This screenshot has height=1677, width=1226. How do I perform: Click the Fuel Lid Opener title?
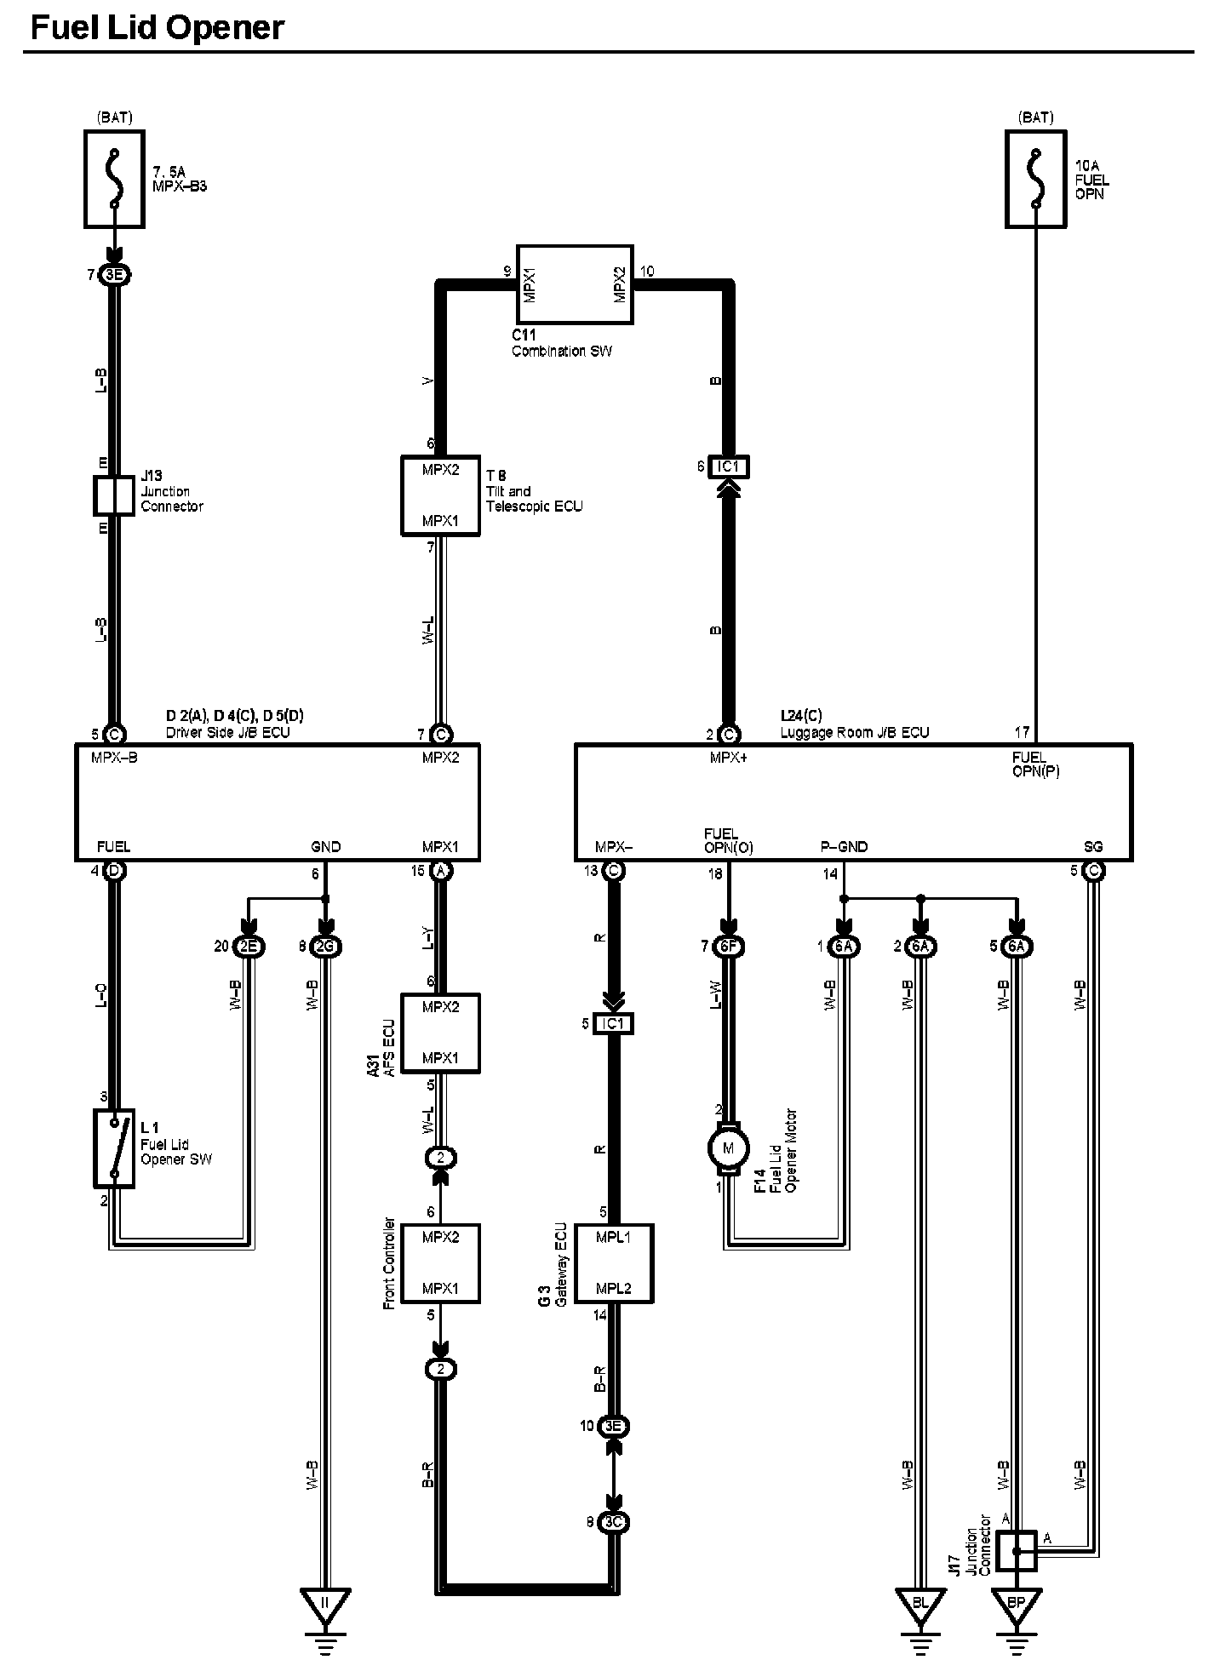pos(158,28)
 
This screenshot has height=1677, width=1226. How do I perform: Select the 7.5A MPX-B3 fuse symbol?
pos(114,179)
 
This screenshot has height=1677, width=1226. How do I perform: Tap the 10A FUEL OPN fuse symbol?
pos(1035,179)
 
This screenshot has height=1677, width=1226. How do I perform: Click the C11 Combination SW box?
pos(577,283)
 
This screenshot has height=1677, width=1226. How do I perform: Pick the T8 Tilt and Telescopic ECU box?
pos(440,495)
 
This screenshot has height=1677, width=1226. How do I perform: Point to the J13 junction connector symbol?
pos(113,495)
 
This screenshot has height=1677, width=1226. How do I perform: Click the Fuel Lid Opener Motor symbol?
pos(728,1148)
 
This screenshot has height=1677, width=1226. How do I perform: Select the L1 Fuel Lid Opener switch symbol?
pos(113,1148)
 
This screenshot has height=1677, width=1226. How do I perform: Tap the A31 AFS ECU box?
pos(440,1033)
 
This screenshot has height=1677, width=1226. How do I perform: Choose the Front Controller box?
pos(440,1263)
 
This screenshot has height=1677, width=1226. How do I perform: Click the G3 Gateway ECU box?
pos(614,1263)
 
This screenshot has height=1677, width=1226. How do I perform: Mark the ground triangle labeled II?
pos(324,1602)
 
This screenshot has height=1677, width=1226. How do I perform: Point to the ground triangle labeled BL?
pos(919,1602)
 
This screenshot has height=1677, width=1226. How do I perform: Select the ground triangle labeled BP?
pos(1016,1602)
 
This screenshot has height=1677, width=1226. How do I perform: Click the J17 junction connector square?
pos(1017,1550)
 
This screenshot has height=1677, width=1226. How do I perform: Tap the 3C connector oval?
pos(613,1522)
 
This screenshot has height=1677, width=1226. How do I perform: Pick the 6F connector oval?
pos(728,946)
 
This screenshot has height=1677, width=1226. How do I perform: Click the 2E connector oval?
pos(249,946)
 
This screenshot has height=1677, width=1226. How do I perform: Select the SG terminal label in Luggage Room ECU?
pos(1093,847)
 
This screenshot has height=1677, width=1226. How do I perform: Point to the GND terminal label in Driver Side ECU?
pos(325,847)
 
